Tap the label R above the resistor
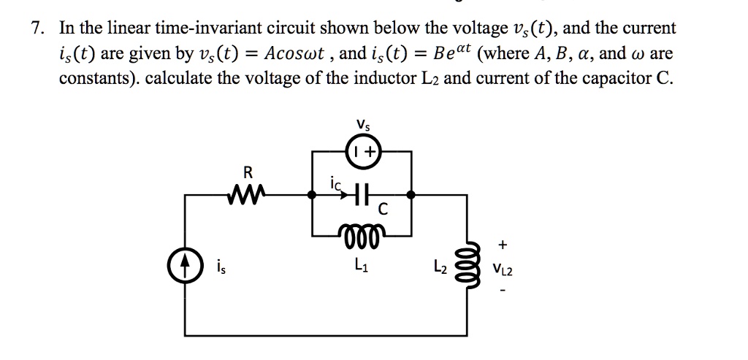click(247, 173)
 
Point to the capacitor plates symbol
click(358, 195)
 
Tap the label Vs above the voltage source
click(363, 126)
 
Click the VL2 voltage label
click(503, 269)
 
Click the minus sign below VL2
click(503, 294)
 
